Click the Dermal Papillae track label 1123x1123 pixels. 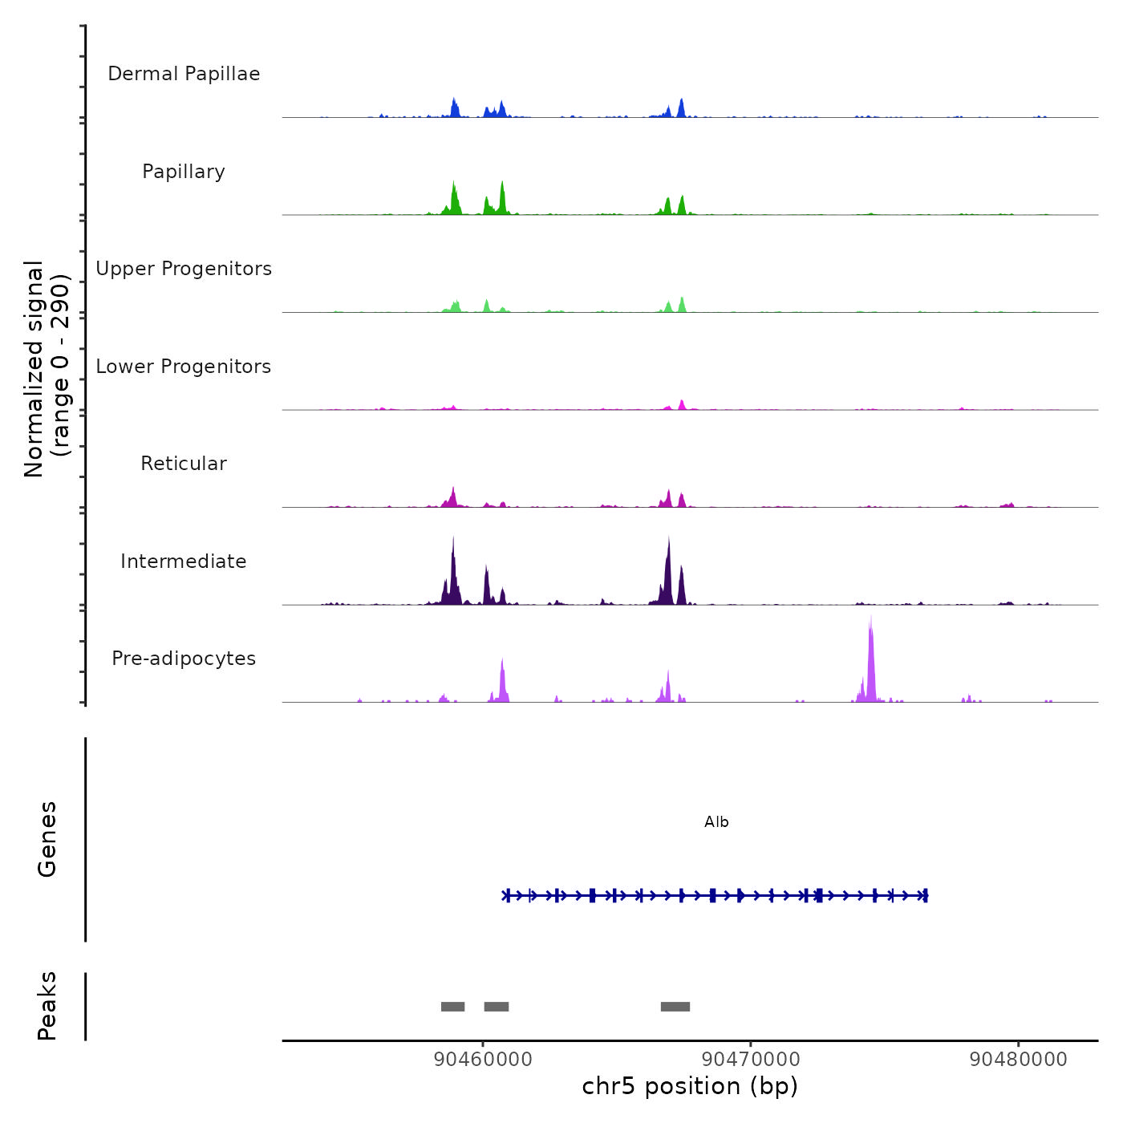[184, 74]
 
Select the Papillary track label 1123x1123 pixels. [184, 172]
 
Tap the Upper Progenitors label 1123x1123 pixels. [184, 269]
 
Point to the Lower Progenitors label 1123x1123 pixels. [184, 367]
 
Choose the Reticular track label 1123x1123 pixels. [184, 464]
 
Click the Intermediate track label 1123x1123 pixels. [184, 561]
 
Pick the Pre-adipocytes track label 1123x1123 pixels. [184, 659]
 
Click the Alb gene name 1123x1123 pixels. [716, 822]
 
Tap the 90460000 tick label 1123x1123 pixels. [483, 1060]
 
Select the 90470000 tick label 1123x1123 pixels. [751, 1060]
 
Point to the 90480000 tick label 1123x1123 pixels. [1019, 1060]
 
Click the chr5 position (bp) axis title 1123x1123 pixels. [690, 1086]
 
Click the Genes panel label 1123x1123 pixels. [47, 839]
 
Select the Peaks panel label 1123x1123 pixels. [47, 1006]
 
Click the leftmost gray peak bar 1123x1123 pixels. [453, 1007]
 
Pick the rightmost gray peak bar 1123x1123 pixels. [675, 1007]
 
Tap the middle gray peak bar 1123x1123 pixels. [497, 1007]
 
